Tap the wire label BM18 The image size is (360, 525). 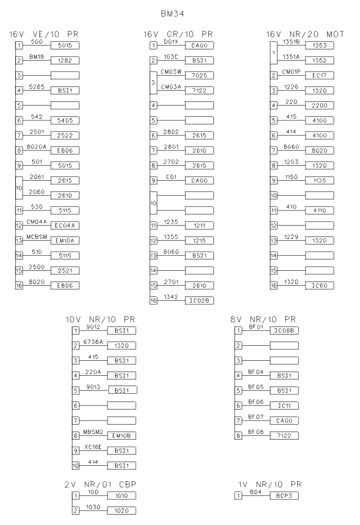(35, 57)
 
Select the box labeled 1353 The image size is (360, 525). (320, 46)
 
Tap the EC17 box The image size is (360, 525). (320, 76)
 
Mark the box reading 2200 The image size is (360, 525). (320, 106)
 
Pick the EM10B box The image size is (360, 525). (121, 435)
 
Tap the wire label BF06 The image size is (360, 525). (256, 401)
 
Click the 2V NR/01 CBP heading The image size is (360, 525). (101, 484)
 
